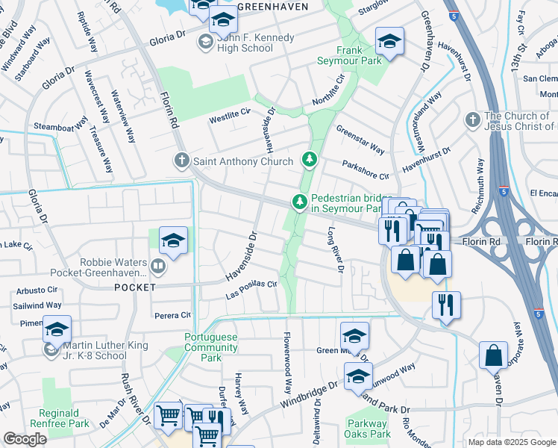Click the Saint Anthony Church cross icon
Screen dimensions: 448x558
[x=181, y=160]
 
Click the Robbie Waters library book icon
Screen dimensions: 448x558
[x=157, y=265]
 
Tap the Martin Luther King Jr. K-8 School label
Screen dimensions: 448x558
[x=105, y=350]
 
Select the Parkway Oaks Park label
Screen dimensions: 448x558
[x=368, y=429]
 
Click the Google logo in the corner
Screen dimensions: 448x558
[x=25, y=439]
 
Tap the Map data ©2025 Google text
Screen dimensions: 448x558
[x=512, y=442]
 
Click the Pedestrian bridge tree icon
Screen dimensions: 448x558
[x=300, y=202]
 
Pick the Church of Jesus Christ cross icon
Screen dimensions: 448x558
[x=471, y=120]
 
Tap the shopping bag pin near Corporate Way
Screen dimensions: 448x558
[x=493, y=355]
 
